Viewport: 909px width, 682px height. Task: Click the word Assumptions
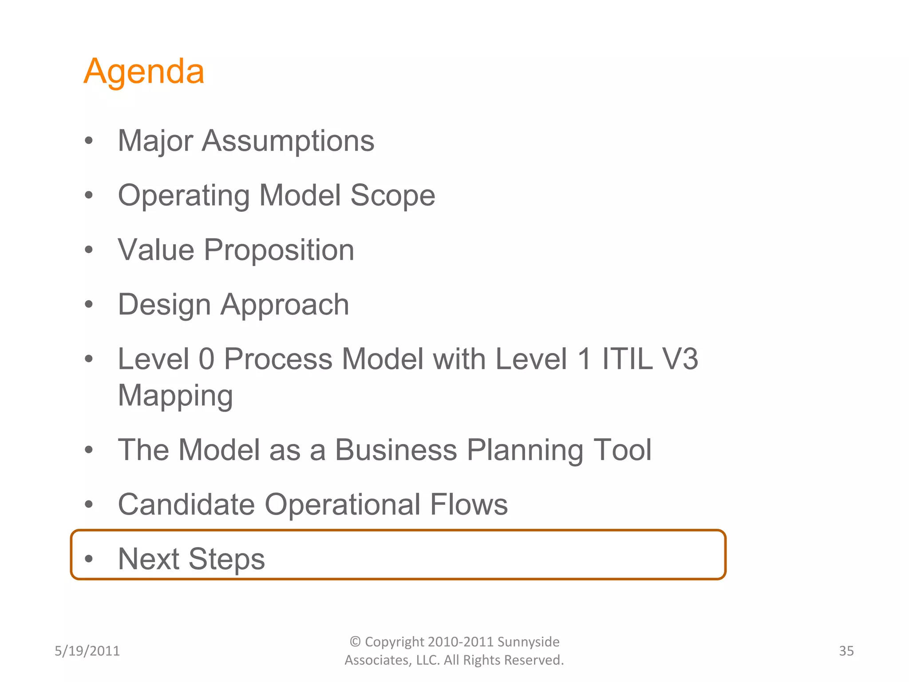tap(288, 141)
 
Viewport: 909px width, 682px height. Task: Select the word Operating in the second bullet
tap(184, 195)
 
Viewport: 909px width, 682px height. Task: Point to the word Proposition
tap(279, 250)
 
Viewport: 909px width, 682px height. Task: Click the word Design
tap(164, 305)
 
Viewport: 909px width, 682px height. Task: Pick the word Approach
tap(285, 305)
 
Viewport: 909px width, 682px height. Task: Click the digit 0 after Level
tap(206, 359)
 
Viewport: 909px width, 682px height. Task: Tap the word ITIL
tap(627, 359)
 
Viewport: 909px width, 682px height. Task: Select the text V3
tap(680, 359)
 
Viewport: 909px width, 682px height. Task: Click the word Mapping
tap(175, 395)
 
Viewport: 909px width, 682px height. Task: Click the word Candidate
tap(186, 504)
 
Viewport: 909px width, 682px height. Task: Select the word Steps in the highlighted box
tap(227, 559)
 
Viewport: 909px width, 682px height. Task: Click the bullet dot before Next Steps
tap(89, 558)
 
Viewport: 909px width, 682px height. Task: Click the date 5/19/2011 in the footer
tap(87, 651)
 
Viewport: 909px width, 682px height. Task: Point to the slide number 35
tap(846, 651)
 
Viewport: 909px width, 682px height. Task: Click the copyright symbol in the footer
tap(355, 642)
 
